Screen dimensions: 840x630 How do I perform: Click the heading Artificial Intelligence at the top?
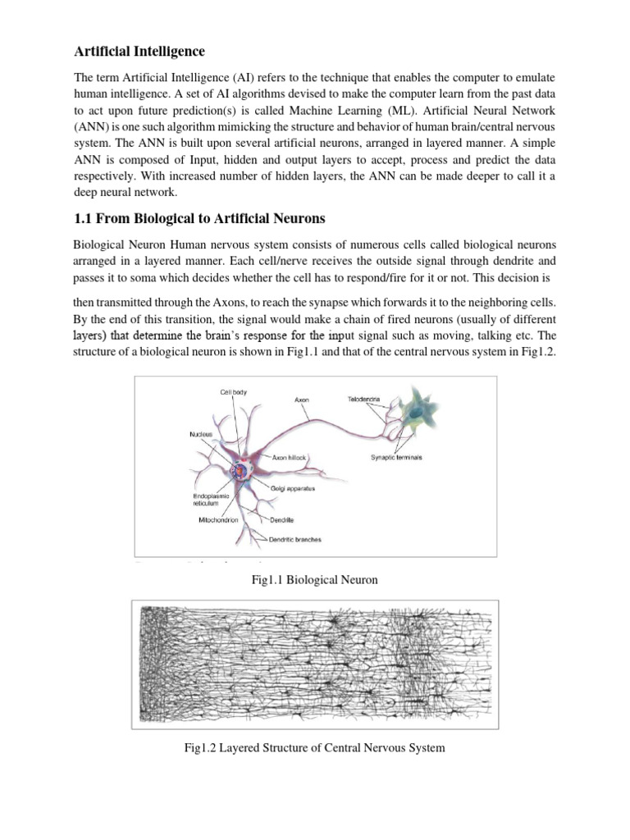(139, 52)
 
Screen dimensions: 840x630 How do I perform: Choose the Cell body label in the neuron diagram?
(233, 393)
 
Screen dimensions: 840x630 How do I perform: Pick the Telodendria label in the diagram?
(364, 399)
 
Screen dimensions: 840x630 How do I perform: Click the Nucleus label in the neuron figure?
(201, 433)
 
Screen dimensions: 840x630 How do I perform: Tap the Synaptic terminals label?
(395, 457)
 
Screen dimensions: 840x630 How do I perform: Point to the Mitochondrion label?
(219, 520)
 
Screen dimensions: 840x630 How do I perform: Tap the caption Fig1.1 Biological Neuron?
(314, 580)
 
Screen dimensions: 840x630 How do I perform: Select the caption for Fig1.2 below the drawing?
(315, 748)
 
